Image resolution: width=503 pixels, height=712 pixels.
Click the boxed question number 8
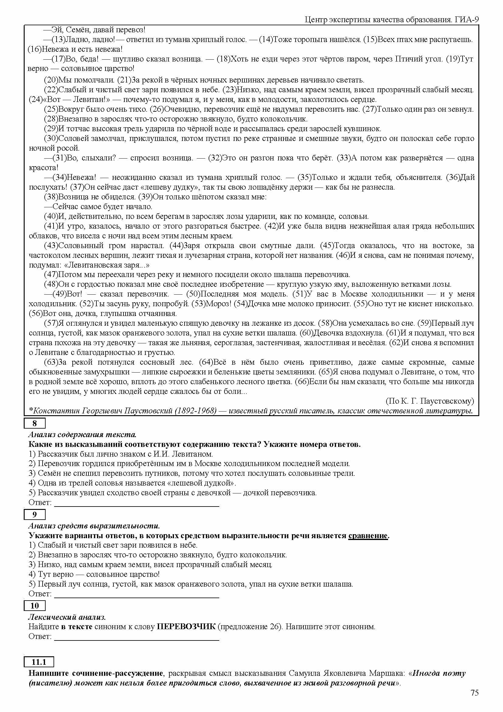click(34, 424)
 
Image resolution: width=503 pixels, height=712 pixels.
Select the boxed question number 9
click(34, 515)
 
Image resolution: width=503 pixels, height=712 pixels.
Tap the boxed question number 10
click(34, 606)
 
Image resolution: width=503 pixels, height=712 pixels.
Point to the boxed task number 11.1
click(39, 662)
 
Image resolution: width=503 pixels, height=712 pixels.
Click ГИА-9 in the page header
click(467, 20)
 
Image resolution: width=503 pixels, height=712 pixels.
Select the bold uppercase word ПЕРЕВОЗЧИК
click(186, 627)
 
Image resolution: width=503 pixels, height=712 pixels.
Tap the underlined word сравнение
click(368, 535)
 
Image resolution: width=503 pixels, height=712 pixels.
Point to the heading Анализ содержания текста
click(82, 435)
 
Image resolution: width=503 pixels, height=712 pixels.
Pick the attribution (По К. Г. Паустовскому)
click(430, 401)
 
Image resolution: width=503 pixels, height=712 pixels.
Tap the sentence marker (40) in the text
click(51, 216)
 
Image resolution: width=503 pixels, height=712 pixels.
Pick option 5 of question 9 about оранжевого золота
click(190, 584)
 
